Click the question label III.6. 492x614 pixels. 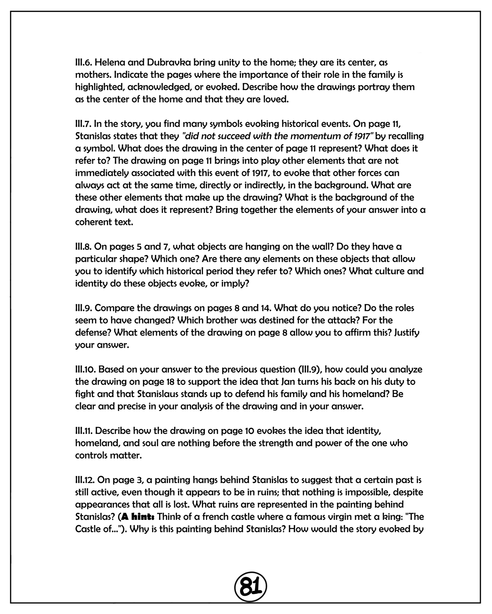(x=83, y=63)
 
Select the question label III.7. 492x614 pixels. (x=83, y=124)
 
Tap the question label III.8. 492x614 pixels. (x=83, y=246)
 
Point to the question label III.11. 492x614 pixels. (x=84, y=431)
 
